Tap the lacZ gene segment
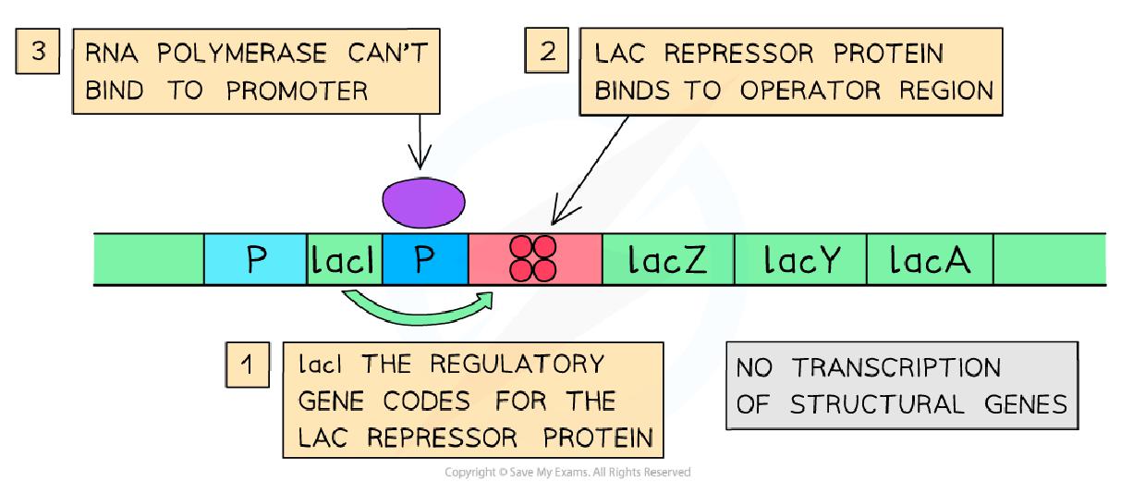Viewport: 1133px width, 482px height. click(x=667, y=260)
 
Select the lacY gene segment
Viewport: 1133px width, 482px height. click(x=800, y=260)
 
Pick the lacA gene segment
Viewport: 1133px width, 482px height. click(x=929, y=260)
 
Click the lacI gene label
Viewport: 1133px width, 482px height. click(x=344, y=260)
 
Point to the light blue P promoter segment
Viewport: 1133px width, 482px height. click(x=254, y=260)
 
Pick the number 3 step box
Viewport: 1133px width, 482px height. click(x=38, y=52)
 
